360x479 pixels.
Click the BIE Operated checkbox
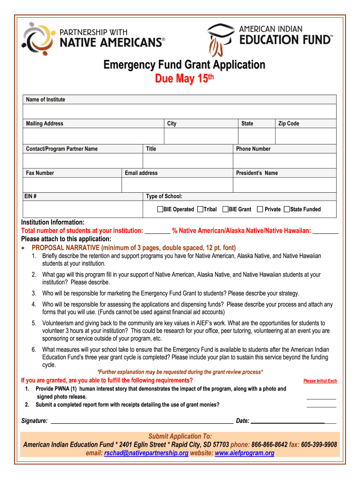pyautogui.click(x=160, y=209)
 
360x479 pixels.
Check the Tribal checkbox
pyautogui.click(x=200, y=209)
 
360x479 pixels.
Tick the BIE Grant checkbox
pyautogui.click(x=225, y=209)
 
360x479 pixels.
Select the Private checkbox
pyautogui.click(x=260, y=209)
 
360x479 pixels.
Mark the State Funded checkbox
pyautogui.click(x=287, y=209)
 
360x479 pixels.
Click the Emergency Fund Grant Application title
pyautogui.click(x=184, y=65)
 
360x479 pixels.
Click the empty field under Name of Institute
pyautogui.click(x=180, y=111)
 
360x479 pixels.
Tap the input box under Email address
pyautogui.click(x=177, y=185)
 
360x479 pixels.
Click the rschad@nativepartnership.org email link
pyautogui.click(x=146, y=453)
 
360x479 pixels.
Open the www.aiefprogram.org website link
pyautogui.click(x=245, y=453)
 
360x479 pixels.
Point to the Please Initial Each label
pyautogui.click(x=320, y=381)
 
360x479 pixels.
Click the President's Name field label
pyautogui.click(x=257, y=173)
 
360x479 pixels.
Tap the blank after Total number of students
pyautogui.click(x=158, y=231)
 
